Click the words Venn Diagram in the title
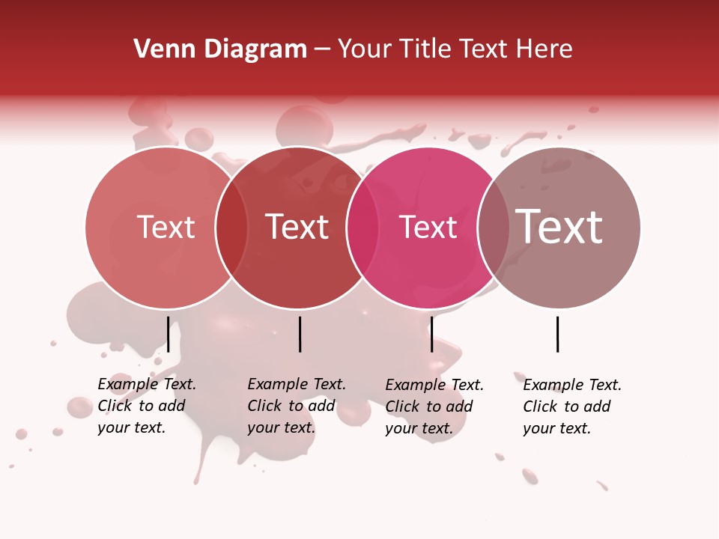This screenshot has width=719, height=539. pyautogui.click(x=220, y=49)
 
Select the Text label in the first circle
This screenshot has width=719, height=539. pyautogui.click(x=166, y=228)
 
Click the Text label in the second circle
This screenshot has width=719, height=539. pyautogui.click(x=297, y=228)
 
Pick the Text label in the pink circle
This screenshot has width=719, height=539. pyautogui.click(x=428, y=228)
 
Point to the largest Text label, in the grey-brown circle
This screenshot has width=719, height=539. pyautogui.click(x=559, y=226)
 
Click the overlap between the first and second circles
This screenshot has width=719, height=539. pyautogui.click(x=231, y=228)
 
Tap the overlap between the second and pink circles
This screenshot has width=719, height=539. pyautogui.click(x=362, y=228)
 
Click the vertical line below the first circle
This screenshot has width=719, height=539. pyautogui.click(x=168, y=334)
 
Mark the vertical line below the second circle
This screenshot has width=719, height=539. pyautogui.click(x=300, y=334)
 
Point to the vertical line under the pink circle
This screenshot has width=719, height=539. pyautogui.click(x=431, y=334)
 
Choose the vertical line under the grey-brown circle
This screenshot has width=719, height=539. pyautogui.click(x=557, y=334)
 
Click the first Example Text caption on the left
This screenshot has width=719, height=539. pyautogui.click(x=147, y=406)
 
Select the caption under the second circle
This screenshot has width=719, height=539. pyautogui.click(x=297, y=406)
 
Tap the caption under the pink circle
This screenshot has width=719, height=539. pyautogui.click(x=434, y=406)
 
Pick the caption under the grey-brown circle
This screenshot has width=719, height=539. pyautogui.click(x=572, y=406)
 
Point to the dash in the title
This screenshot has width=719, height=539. pyautogui.click(x=322, y=49)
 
